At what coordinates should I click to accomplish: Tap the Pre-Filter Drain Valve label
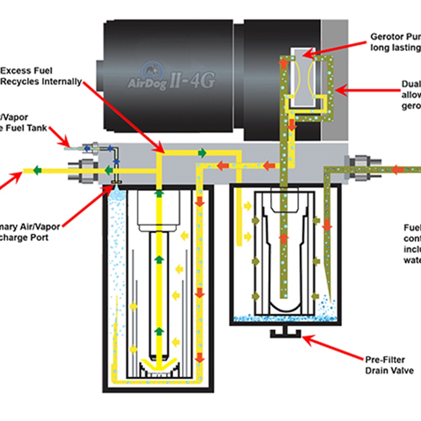(389, 365)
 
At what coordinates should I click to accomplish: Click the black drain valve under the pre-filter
(285, 333)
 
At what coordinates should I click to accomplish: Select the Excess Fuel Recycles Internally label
(41, 76)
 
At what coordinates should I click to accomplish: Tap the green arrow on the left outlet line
(37, 170)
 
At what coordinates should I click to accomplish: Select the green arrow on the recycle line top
(202, 153)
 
